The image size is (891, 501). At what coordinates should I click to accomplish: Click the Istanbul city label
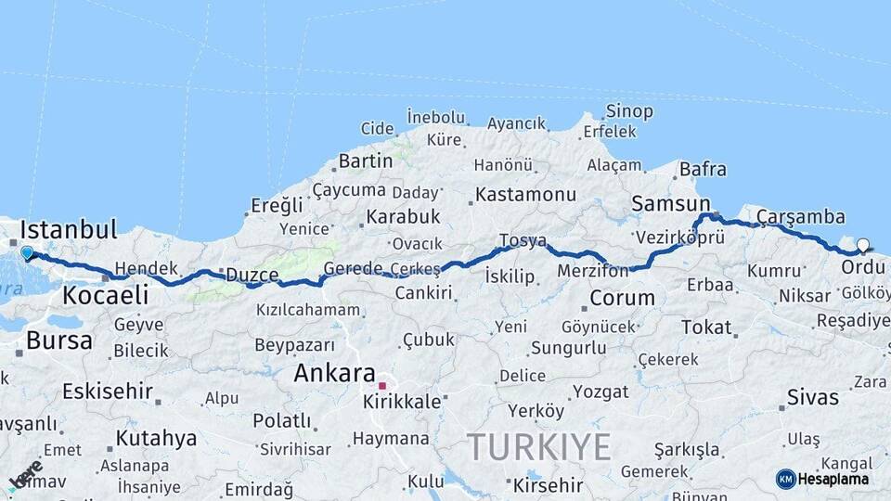pos(68,229)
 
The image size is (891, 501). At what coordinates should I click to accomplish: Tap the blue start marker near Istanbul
pos(27,252)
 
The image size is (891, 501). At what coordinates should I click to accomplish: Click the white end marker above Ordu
pos(863,246)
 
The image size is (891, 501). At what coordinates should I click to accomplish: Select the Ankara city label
pos(333,373)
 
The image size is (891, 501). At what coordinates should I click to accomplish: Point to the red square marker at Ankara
pos(381,385)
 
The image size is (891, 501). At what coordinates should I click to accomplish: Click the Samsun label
pos(670,203)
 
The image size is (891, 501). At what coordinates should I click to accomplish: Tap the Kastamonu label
pos(525,195)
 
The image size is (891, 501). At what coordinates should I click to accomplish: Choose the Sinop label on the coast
pos(629,111)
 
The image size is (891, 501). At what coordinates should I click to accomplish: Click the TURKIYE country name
pos(538,447)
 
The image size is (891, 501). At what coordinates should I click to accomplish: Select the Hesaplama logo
pos(823,479)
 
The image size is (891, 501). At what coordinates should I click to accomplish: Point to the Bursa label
pos(59,340)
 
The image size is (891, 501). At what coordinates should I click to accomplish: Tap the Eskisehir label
pos(108,391)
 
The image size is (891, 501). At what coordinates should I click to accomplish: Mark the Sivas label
pos(813,397)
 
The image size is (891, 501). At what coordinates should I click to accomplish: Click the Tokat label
pos(706,327)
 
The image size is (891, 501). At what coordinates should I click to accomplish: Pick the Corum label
pos(622,299)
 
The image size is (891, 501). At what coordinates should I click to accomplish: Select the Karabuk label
pos(403,216)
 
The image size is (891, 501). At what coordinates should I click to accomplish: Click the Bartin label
pos(365,161)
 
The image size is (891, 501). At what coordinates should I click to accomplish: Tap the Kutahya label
pos(157,438)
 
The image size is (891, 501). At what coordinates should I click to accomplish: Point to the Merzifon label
pos(593,271)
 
